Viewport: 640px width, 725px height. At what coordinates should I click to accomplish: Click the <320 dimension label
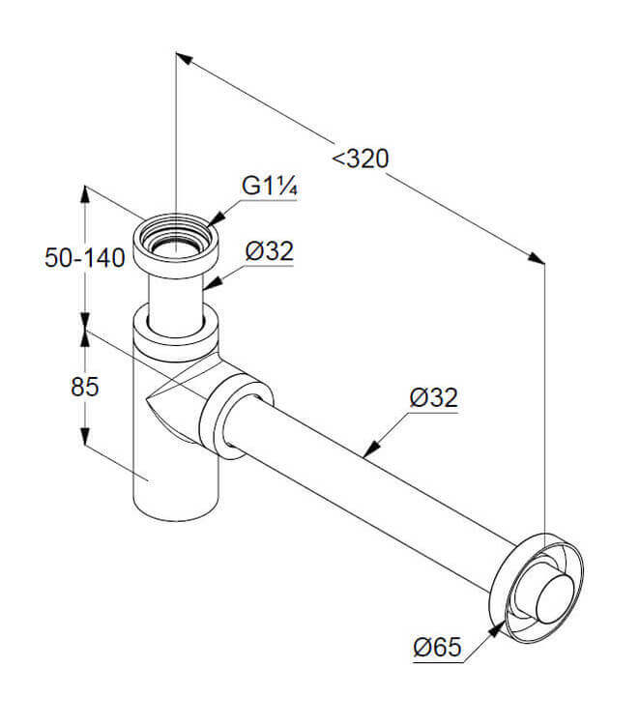click(361, 159)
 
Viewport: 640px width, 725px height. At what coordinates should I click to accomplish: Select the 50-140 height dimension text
click(85, 258)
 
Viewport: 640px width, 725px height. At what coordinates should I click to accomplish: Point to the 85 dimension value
click(85, 387)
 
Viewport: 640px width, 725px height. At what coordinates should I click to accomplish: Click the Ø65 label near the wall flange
click(438, 647)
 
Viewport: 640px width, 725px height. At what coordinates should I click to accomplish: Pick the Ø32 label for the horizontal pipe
click(433, 397)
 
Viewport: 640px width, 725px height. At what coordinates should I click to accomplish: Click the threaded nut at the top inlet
click(175, 243)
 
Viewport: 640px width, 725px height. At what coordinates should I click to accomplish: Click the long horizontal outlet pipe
click(377, 483)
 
